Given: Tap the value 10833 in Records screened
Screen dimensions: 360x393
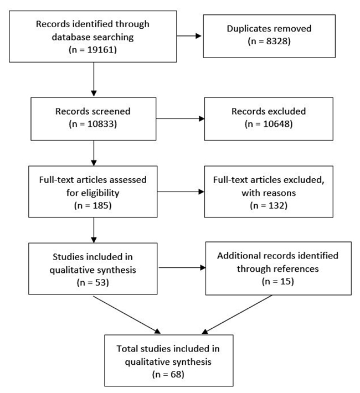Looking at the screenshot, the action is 100,124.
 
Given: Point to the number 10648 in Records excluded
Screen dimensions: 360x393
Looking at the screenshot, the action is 276,124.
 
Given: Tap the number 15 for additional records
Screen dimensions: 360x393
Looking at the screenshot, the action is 285,282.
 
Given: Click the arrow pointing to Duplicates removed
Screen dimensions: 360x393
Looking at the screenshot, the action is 189,36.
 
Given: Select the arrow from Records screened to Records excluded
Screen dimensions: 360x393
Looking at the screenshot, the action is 181,118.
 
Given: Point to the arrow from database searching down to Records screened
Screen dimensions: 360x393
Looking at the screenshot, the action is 94,79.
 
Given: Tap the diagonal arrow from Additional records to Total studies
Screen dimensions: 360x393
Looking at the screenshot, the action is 237,314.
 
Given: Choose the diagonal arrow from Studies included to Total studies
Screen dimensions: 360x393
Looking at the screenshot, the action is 127,315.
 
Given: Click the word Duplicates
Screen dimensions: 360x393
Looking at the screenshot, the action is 248,29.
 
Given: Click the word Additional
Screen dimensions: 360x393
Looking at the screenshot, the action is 236,256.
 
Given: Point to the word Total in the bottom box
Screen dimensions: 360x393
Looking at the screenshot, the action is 127,349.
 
